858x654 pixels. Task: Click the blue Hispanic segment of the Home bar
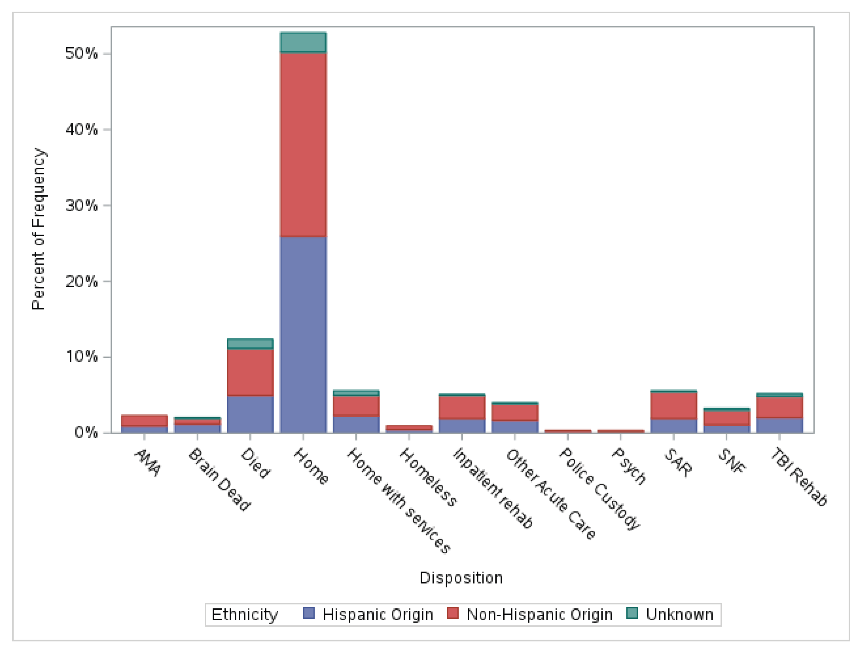tap(303, 335)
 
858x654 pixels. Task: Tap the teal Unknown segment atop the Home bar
tap(303, 42)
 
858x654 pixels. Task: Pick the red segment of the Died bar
tap(250, 372)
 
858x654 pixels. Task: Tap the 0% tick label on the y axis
tap(86, 433)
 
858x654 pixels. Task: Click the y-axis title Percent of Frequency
tap(38, 229)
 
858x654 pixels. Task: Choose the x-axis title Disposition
tap(461, 578)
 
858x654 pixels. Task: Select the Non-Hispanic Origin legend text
tap(539, 615)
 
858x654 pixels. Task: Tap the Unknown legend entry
tap(679, 615)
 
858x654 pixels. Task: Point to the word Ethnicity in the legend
tap(244, 615)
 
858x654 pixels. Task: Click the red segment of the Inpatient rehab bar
tap(462, 407)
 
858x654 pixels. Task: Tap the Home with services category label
tap(399, 500)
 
